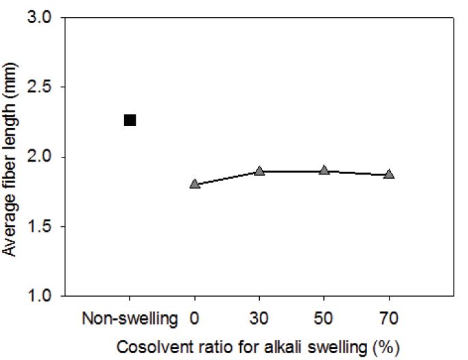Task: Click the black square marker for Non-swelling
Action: (130, 121)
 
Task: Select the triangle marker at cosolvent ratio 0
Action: (194, 184)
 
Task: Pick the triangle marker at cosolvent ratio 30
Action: (259, 171)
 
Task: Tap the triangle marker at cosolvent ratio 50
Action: (324, 170)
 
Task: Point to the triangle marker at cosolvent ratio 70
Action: (389, 174)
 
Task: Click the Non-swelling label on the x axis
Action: (130, 317)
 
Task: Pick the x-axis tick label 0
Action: (194, 317)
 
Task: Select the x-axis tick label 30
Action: (259, 317)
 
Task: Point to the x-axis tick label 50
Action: (324, 317)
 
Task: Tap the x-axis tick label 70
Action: (389, 317)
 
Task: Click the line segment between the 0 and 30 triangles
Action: (226, 178)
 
